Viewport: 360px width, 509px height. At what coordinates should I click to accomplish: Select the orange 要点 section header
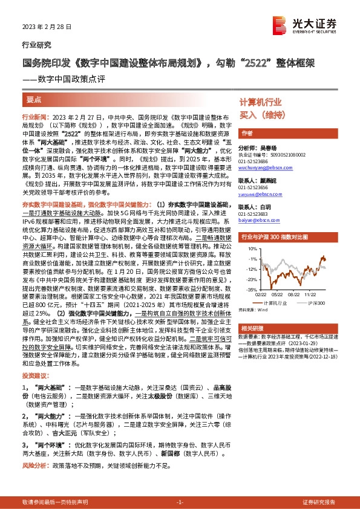tap(34, 99)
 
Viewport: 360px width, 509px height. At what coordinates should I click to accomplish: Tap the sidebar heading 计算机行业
tap(261, 102)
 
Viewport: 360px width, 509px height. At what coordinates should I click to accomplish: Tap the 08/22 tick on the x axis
tap(295, 296)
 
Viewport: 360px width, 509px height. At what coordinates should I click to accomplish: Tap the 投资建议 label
tap(33, 375)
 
